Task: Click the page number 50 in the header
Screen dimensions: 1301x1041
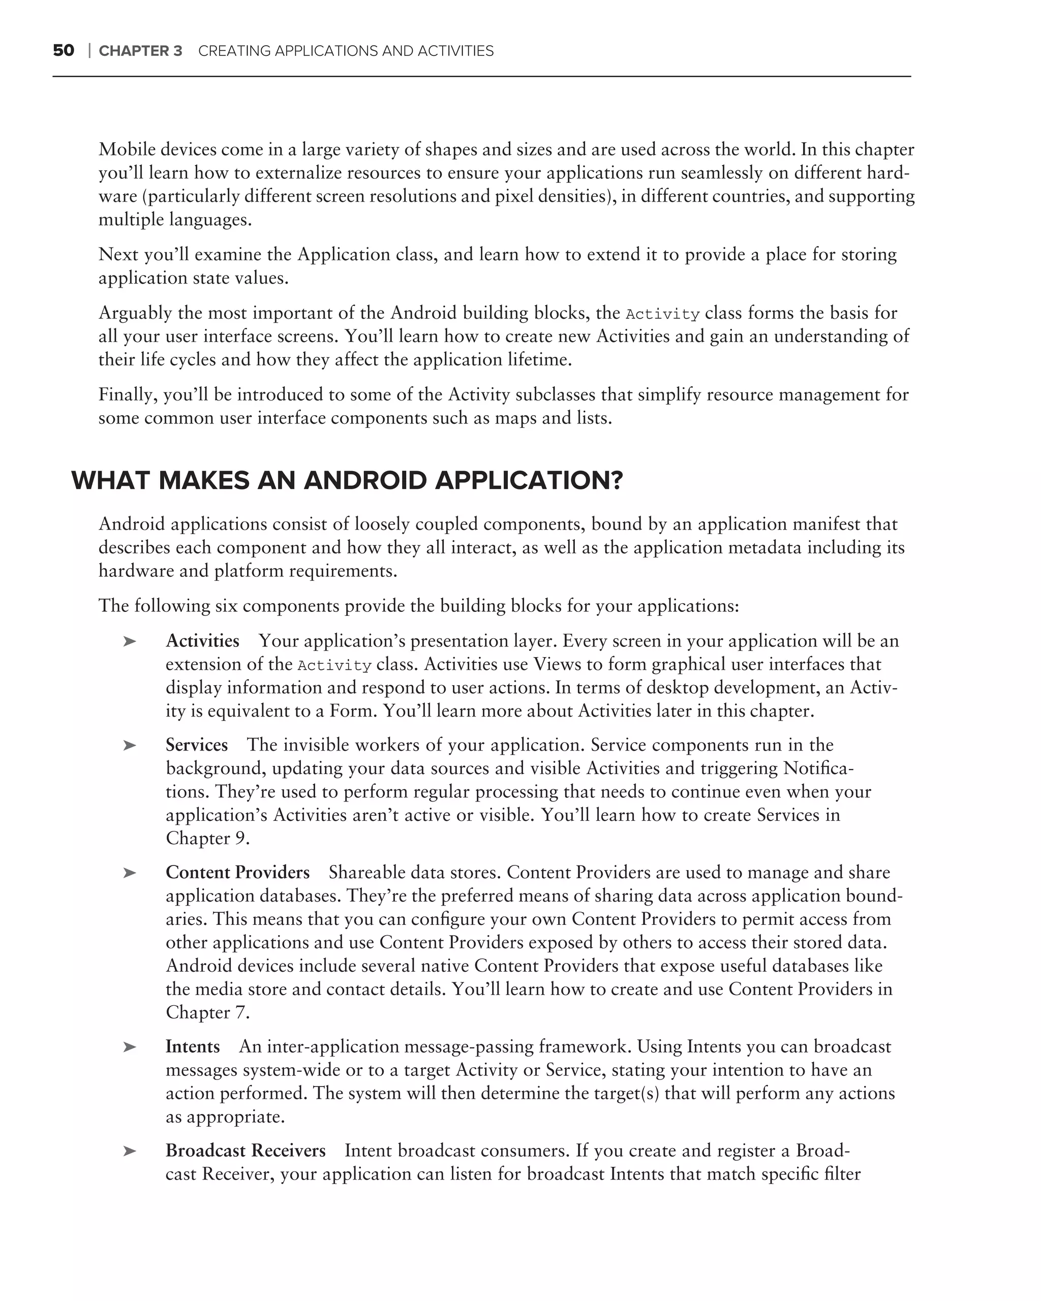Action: coord(64,51)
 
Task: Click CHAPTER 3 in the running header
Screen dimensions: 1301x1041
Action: coord(140,51)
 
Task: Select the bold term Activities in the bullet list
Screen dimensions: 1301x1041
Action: coord(202,641)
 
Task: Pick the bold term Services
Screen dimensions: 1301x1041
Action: coord(197,745)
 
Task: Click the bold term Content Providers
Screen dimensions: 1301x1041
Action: coord(238,873)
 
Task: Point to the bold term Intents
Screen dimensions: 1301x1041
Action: coord(193,1047)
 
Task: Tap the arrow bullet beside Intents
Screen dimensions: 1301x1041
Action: coord(130,1047)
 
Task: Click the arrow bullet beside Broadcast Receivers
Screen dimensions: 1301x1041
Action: coord(130,1152)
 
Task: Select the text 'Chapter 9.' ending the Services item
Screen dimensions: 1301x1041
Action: coord(207,839)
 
